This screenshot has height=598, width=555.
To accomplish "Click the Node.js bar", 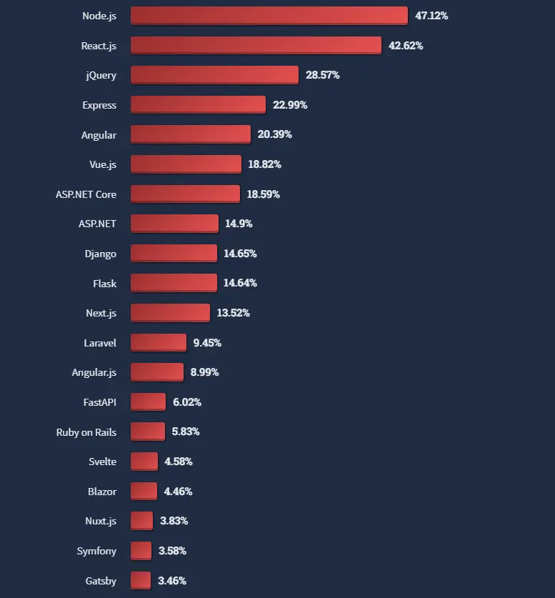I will click(x=269, y=16).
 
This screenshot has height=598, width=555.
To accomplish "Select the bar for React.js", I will click(x=256, y=46).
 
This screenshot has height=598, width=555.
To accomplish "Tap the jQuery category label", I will click(x=100, y=75).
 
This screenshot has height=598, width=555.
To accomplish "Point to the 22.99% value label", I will click(x=290, y=105).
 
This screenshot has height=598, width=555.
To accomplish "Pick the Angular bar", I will click(x=190, y=134).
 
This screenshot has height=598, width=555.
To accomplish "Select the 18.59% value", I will click(x=264, y=194).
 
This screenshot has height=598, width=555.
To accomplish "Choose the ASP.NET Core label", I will click(x=86, y=194).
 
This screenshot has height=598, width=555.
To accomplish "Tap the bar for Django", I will click(x=174, y=254).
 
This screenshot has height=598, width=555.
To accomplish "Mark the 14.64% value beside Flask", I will click(x=240, y=284).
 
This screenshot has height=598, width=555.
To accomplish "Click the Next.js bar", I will click(x=170, y=313).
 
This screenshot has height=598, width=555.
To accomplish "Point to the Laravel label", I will click(x=99, y=343).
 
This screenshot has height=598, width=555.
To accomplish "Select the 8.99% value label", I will click(x=204, y=372).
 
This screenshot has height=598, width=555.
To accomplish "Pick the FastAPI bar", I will click(x=148, y=402).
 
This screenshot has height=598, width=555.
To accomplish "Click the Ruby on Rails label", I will click(x=86, y=432).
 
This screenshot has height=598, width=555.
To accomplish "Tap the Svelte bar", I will click(x=144, y=462).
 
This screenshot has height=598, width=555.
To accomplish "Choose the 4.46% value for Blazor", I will click(x=178, y=492).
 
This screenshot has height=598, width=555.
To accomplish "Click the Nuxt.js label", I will click(x=100, y=522).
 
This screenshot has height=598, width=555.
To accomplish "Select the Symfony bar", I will click(x=141, y=551).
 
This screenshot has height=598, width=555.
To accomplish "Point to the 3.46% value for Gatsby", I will click(x=172, y=581).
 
